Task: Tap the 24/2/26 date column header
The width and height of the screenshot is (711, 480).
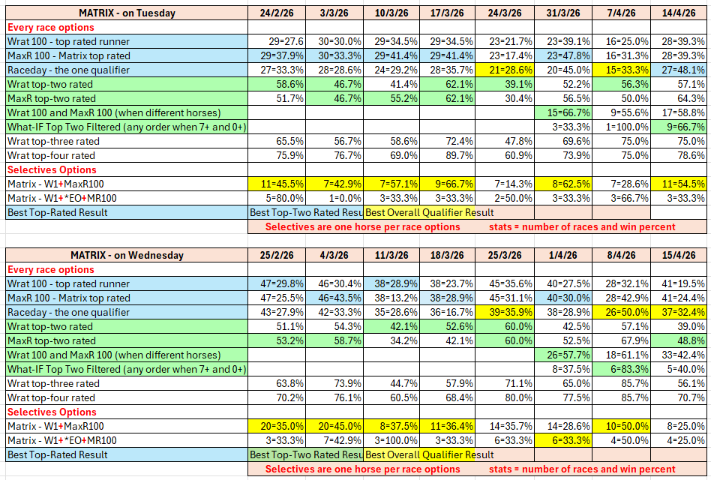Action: click(x=277, y=13)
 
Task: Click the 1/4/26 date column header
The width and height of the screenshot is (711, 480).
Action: click(x=564, y=255)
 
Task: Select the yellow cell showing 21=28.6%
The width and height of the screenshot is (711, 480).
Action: click(x=508, y=70)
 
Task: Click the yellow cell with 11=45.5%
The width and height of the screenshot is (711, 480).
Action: click(x=277, y=184)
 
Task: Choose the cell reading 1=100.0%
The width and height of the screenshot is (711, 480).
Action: click(x=622, y=127)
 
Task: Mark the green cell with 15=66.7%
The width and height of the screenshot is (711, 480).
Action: click(x=564, y=112)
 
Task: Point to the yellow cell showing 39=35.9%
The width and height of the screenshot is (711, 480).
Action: click(x=508, y=312)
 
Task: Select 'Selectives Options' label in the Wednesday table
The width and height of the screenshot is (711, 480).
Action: click(x=52, y=412)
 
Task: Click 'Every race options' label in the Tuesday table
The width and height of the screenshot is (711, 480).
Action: click(x=50, y=27)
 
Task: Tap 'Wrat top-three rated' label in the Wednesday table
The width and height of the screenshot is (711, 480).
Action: click(x=53, y=383)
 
